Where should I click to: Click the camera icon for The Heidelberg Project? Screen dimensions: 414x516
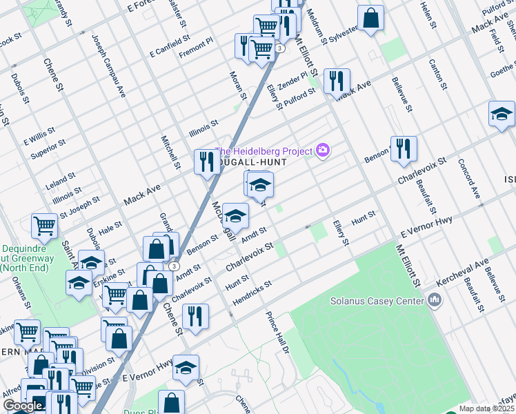coord(322,150)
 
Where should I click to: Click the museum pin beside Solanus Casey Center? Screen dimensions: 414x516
coord(435,300)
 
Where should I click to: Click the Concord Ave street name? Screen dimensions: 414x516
coord(472,180)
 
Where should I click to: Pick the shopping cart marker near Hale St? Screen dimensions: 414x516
coord(44,226)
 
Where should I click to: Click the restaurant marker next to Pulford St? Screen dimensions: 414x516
coord(337,81)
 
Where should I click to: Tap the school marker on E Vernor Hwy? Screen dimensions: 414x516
coord(186,367)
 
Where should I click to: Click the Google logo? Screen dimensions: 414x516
coord(23,406)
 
